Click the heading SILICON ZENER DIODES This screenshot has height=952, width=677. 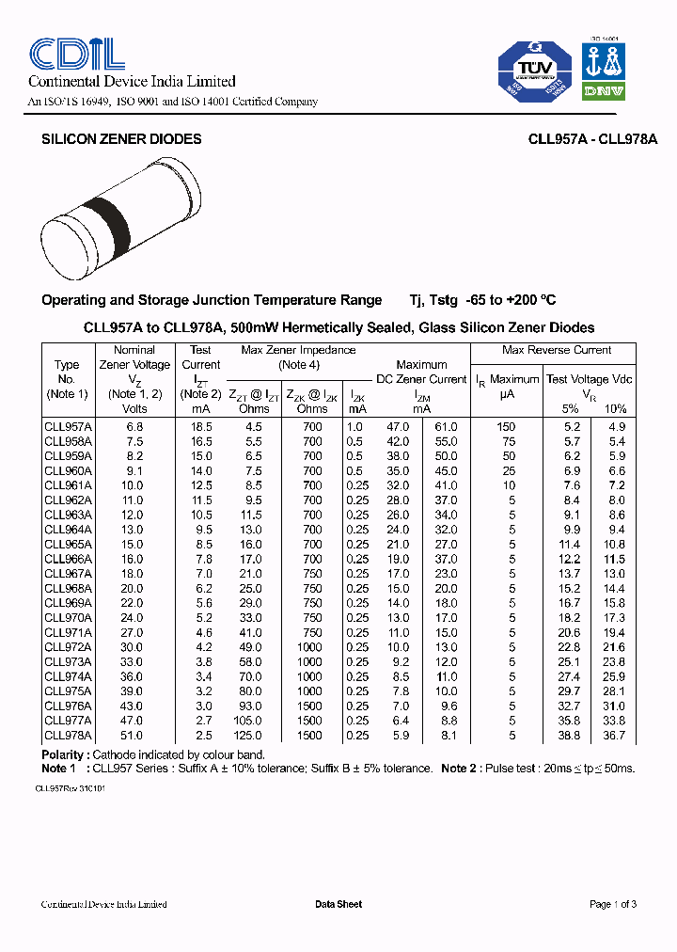121,139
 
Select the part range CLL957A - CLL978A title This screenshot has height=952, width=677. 592,139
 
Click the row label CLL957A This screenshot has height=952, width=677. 68,427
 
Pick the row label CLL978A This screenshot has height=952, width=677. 68,736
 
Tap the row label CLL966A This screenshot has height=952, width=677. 68,559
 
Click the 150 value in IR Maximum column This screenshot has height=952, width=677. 507,427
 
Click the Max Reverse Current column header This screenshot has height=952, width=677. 557,350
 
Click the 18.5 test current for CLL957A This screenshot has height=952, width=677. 201,427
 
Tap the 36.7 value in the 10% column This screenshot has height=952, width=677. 613,736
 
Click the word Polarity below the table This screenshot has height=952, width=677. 66,755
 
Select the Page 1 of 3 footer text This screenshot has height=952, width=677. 612,904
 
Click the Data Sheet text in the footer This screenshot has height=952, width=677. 338,904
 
